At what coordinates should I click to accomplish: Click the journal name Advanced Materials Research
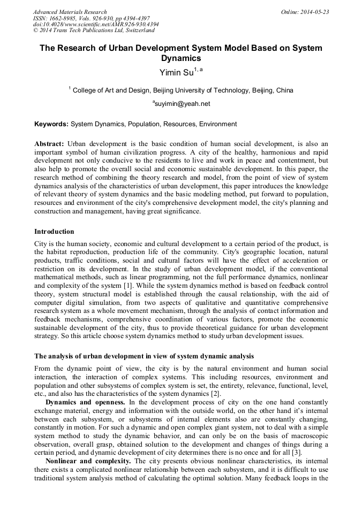70,12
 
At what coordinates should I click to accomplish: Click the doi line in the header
96,25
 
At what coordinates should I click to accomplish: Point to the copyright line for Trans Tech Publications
94,31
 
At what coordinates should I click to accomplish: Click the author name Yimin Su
177,73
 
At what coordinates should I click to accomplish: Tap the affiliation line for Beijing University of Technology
181,90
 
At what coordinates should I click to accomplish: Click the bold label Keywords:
51,124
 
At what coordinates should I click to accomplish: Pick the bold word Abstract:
49,144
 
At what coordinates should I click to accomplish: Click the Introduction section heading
54,232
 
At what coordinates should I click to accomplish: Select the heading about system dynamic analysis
144,356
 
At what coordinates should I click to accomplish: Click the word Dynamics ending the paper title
181,58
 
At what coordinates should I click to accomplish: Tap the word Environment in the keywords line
218,124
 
